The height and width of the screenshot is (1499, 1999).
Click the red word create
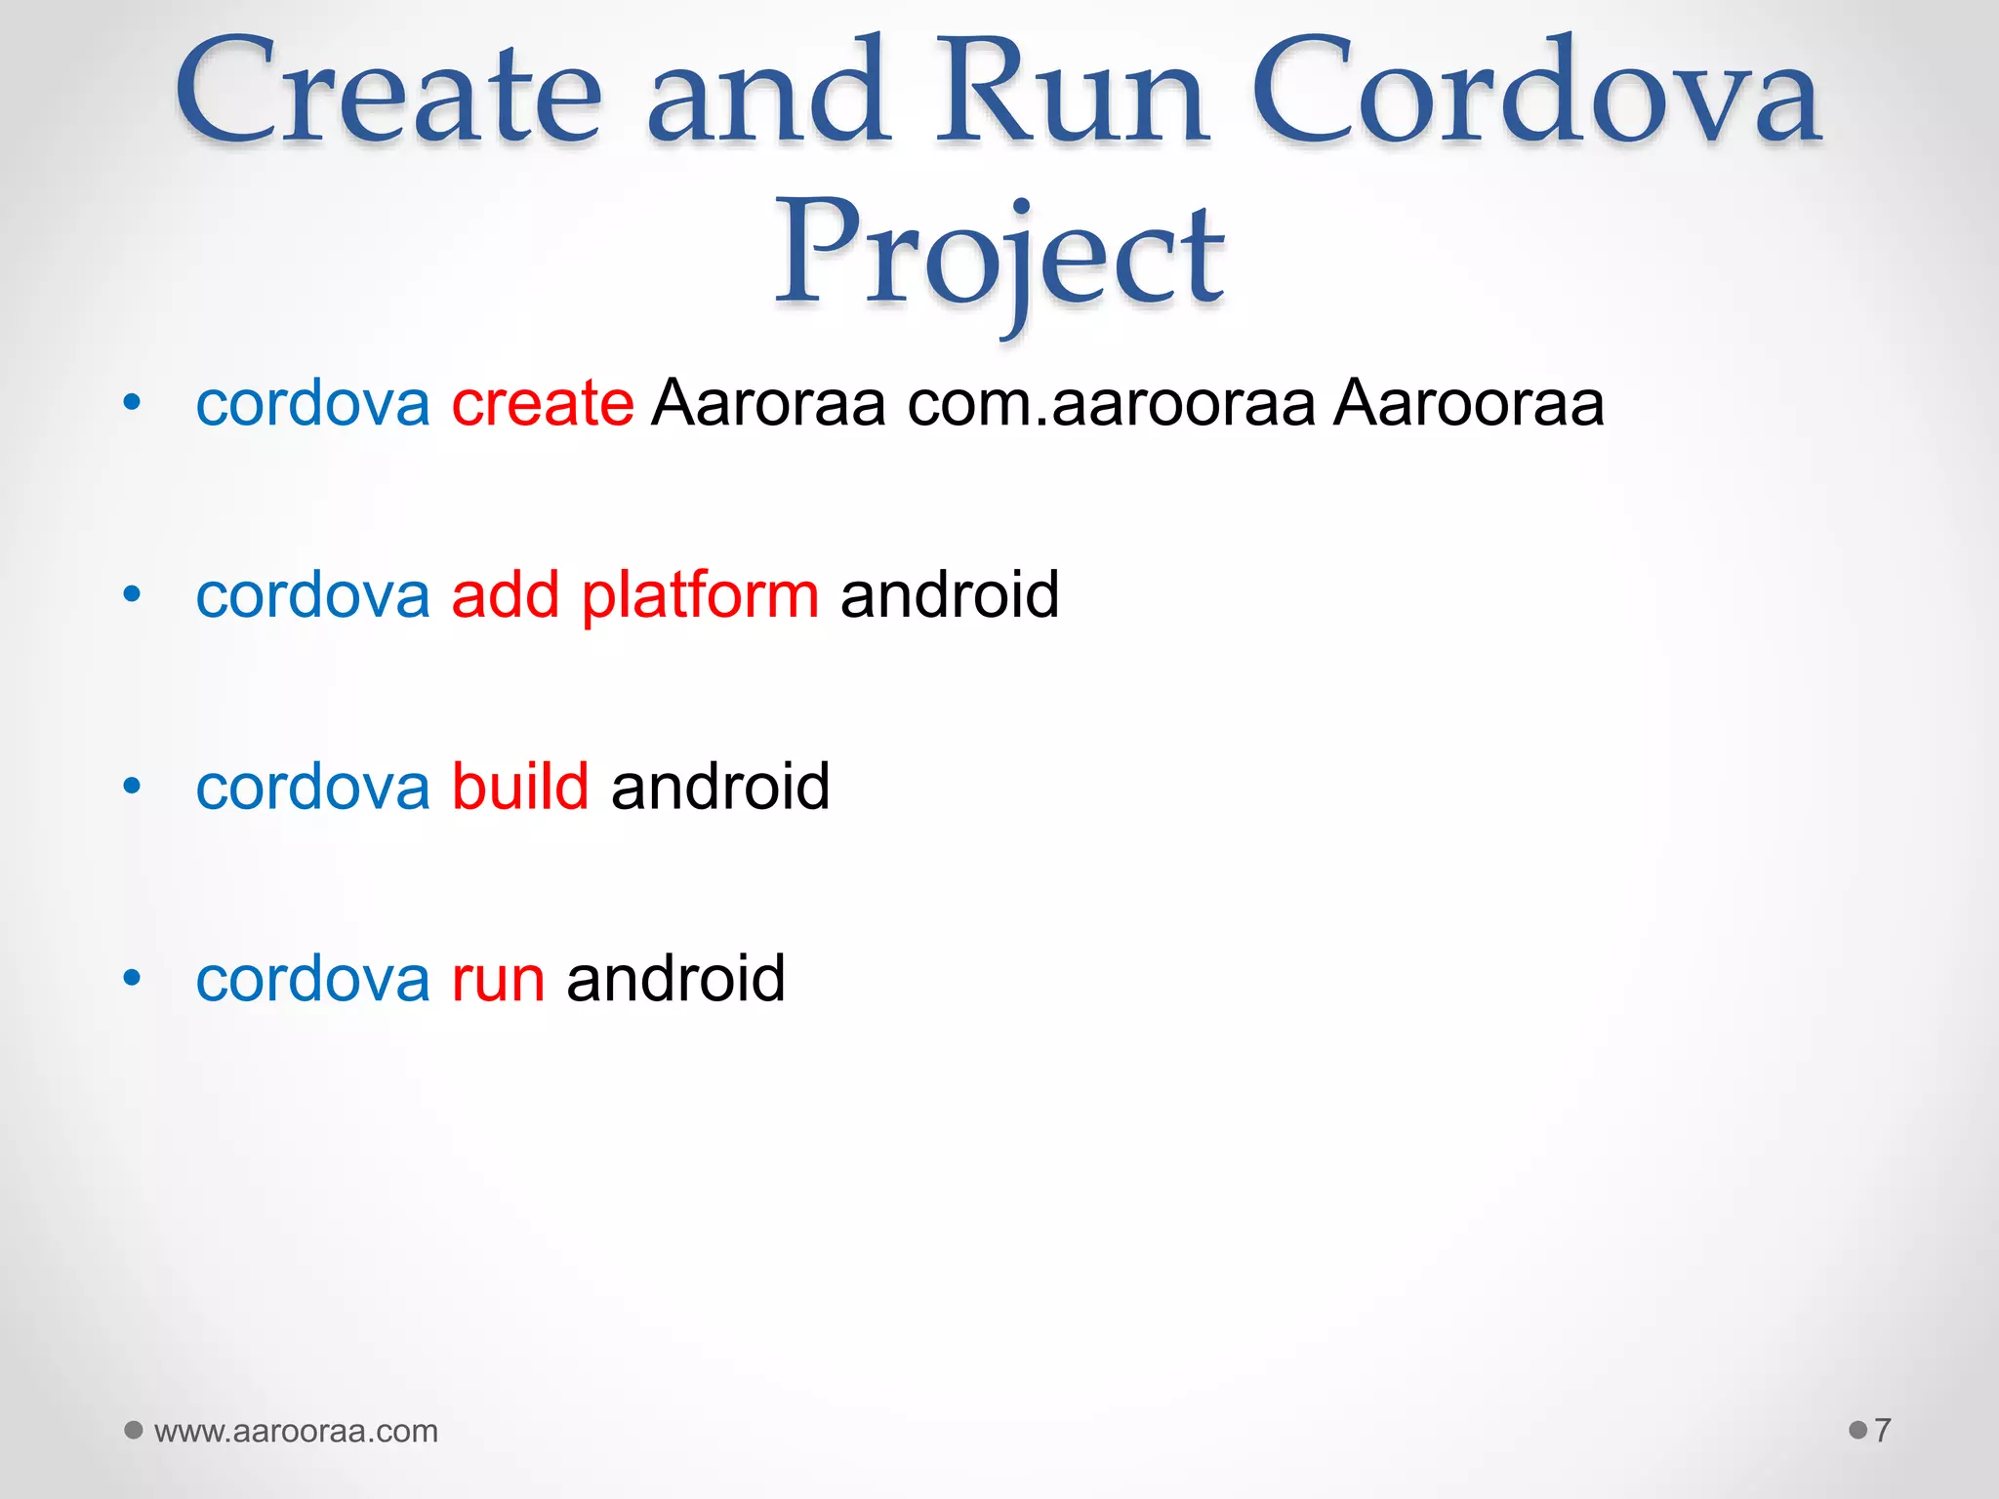pyautogui.click(x=543, y=402)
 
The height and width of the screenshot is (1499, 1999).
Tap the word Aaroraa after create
pyautogui.click(x=769, y=402)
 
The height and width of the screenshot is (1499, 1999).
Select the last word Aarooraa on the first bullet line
pyautogui.click(x=1469, y=402)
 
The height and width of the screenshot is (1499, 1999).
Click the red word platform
pyautogui.click(x=700, y=594)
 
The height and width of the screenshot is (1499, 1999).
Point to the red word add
pyautogui.click(x=505, y=594)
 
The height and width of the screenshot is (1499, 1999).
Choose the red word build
pyautogui.click(x=520, y=786)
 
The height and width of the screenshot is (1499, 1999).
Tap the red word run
pyautogui.click(x=498, y=978)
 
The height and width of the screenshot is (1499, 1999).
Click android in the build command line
pyautogui.click(x=720, y=786)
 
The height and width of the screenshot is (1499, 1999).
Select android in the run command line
pyautogui.click(x=675, y=978)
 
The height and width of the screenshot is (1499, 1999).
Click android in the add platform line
pyautogui.click(x=950, y=594)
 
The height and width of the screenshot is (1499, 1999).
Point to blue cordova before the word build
pyautogui.click(x=312, y=786)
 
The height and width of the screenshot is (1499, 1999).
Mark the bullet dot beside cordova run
pyautogui.click(x=133, y=978)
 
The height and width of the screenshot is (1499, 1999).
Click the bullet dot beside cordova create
pyautogui.click(x=133, y=402)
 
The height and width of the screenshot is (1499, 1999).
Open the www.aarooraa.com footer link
pyautogui.click(x=296, y=1431)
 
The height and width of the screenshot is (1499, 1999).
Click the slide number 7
pyautogui.click(x=1883, y=1431)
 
